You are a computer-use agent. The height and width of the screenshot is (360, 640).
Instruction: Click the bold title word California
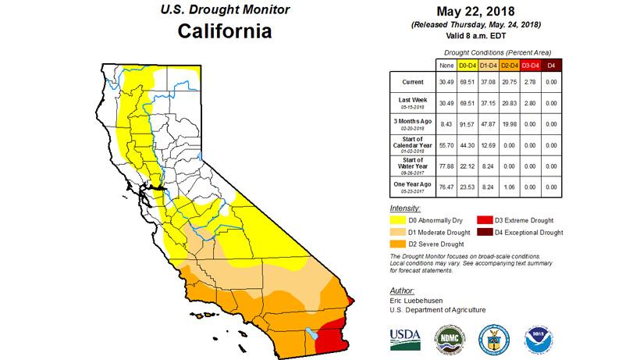(224, 32)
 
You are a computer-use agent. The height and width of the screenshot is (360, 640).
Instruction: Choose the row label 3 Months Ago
(413, 123)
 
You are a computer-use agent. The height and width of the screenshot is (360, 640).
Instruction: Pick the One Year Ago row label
(413, 187)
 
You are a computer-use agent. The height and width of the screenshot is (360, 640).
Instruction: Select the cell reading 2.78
(531, 82)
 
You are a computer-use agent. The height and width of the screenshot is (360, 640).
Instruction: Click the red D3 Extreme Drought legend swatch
(509, 222)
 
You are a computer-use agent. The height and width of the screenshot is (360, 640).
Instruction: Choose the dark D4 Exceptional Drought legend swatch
(509, 233)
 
